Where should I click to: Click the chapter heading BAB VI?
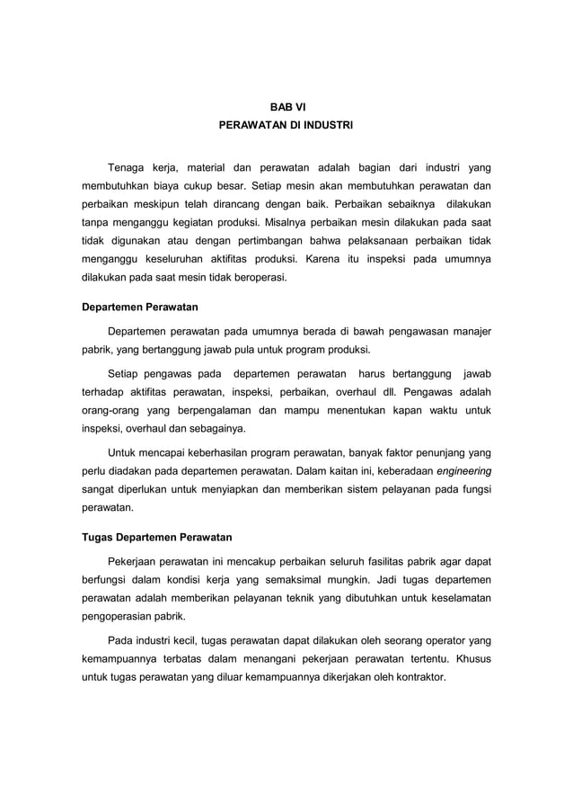point(286,107)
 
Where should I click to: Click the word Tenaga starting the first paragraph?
point(127,167)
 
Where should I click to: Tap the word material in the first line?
point(207,167)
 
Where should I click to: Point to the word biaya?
point(175,187)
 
